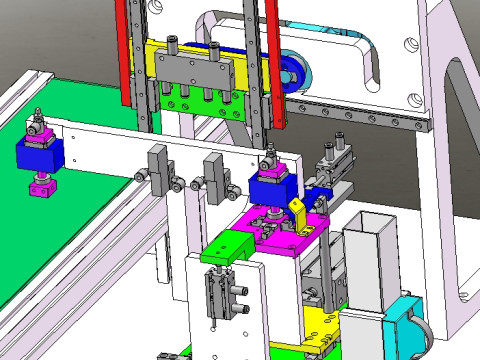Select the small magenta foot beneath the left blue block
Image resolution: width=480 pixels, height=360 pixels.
pos(41,187)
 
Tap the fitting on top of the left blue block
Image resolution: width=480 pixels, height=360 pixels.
pos(38,127)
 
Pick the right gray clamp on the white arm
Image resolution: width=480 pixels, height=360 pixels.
pos(214,171)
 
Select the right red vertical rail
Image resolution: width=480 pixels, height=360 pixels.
pos(271,60)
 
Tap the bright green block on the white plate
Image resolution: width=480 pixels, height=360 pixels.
pos(229,247)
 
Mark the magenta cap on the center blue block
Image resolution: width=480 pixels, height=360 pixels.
pos(271,166)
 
